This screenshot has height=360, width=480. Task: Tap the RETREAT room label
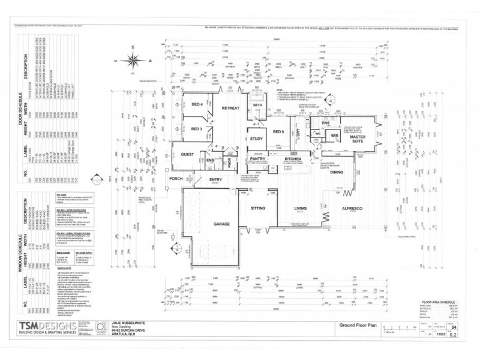click(231, 108)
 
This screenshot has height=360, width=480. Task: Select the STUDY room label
click(257, 139)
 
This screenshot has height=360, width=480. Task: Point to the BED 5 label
click(278, 131)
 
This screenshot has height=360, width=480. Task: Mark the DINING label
click(336, 172)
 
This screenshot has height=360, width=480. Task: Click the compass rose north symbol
click(131, 61)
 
